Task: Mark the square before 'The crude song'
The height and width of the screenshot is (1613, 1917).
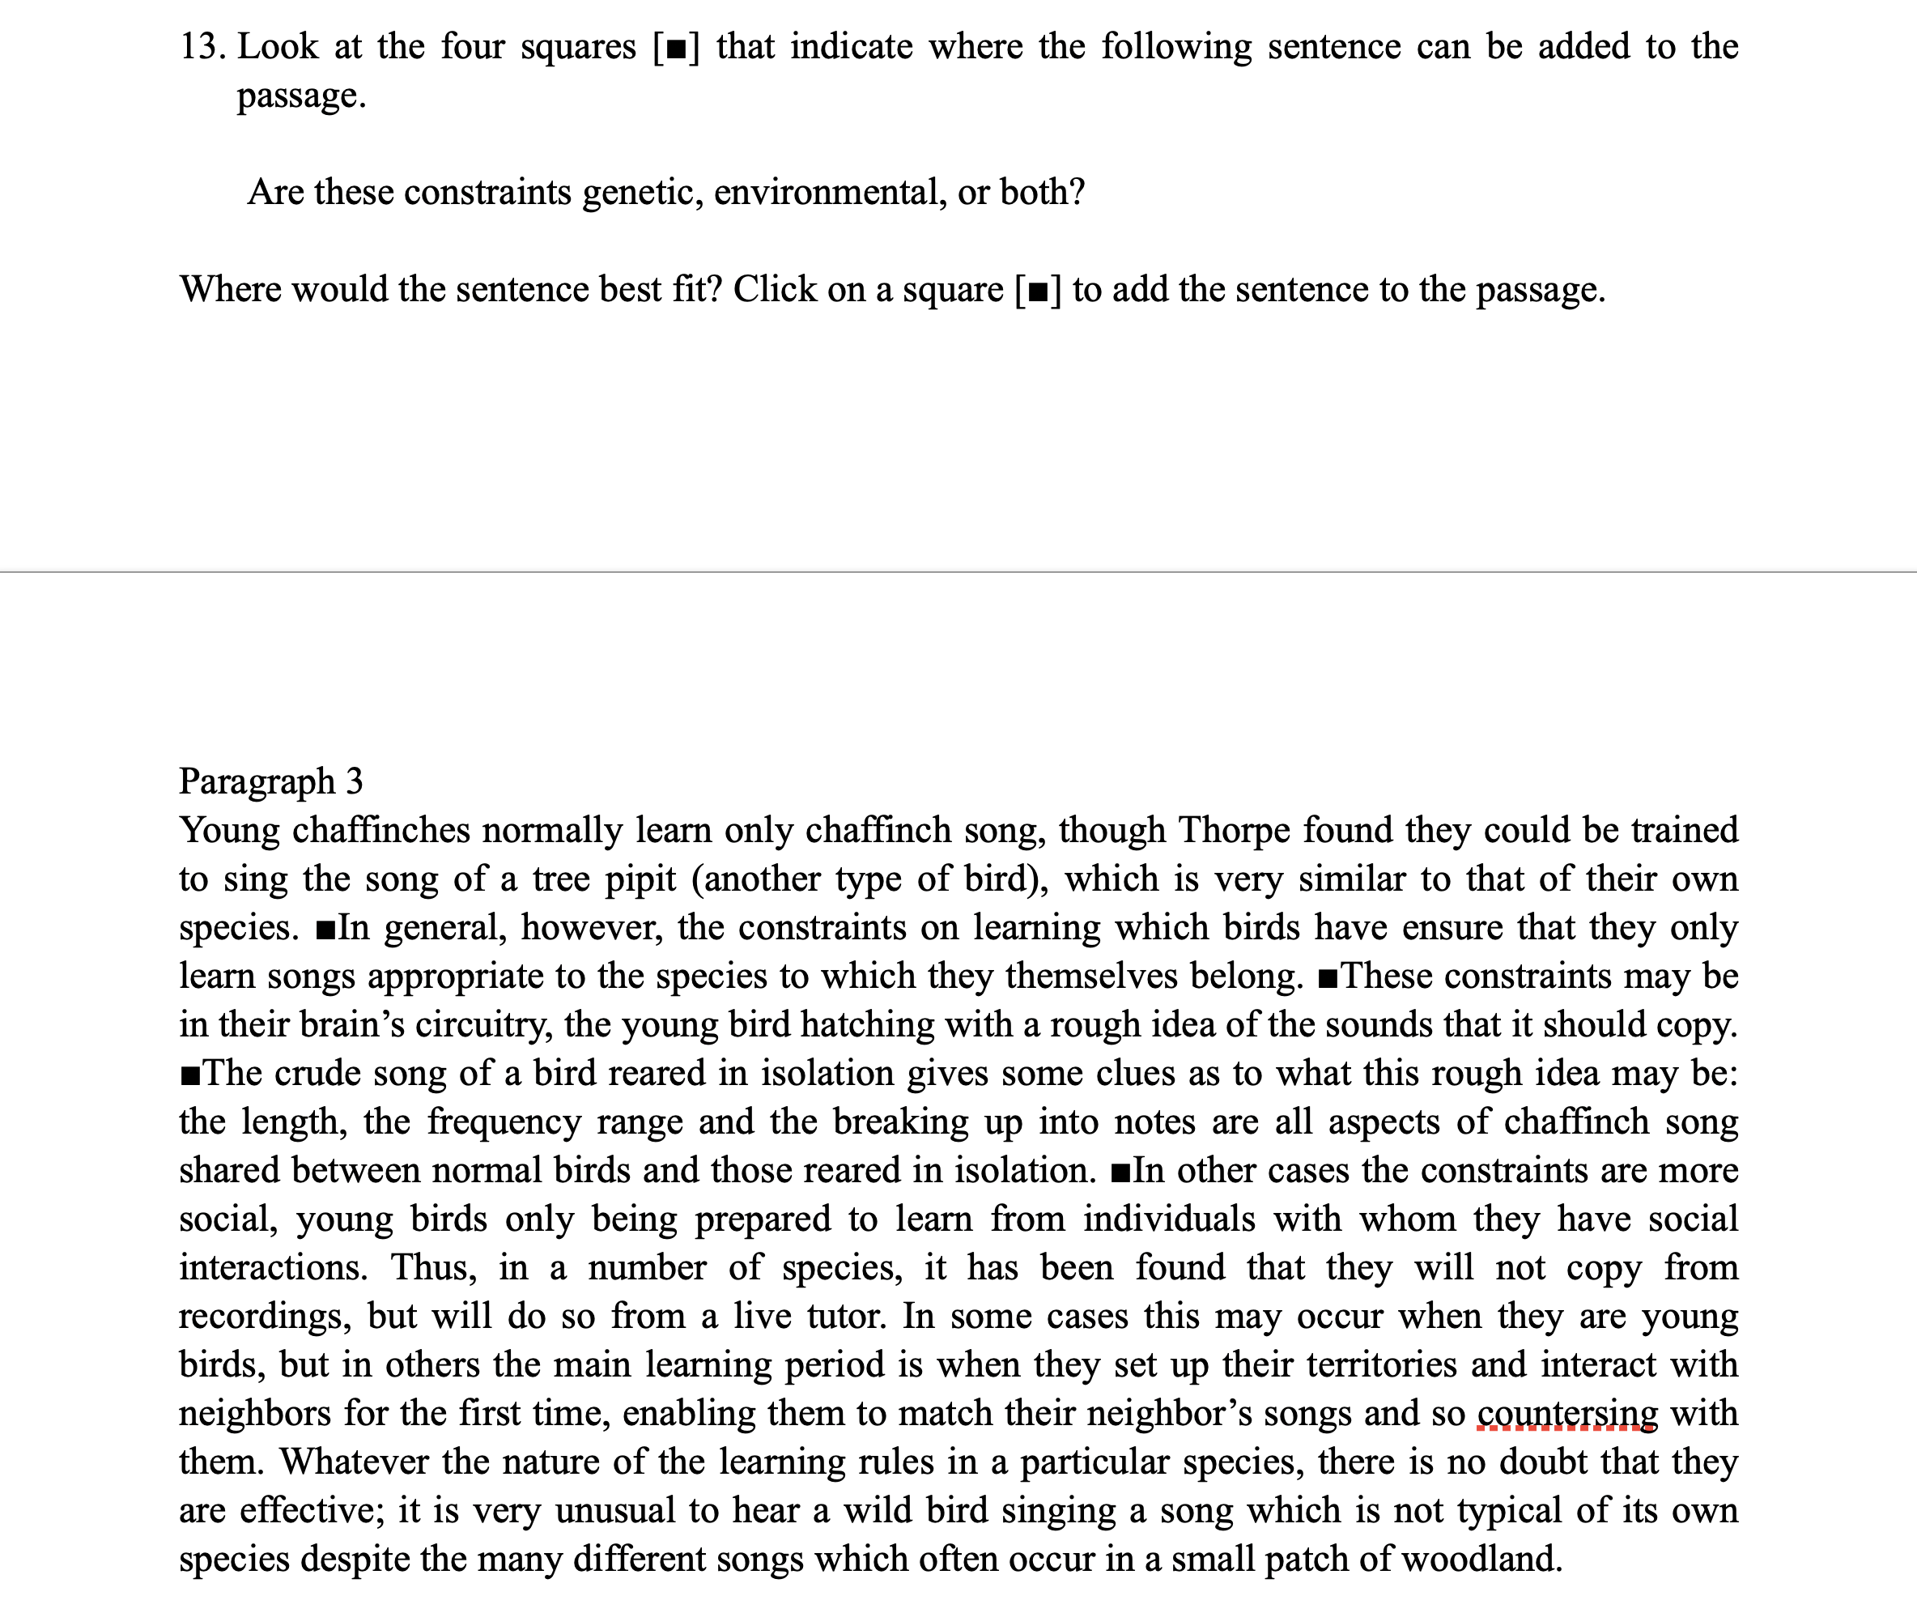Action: coord(190,1075)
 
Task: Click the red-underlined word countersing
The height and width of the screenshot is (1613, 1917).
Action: coord(1567,1414)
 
